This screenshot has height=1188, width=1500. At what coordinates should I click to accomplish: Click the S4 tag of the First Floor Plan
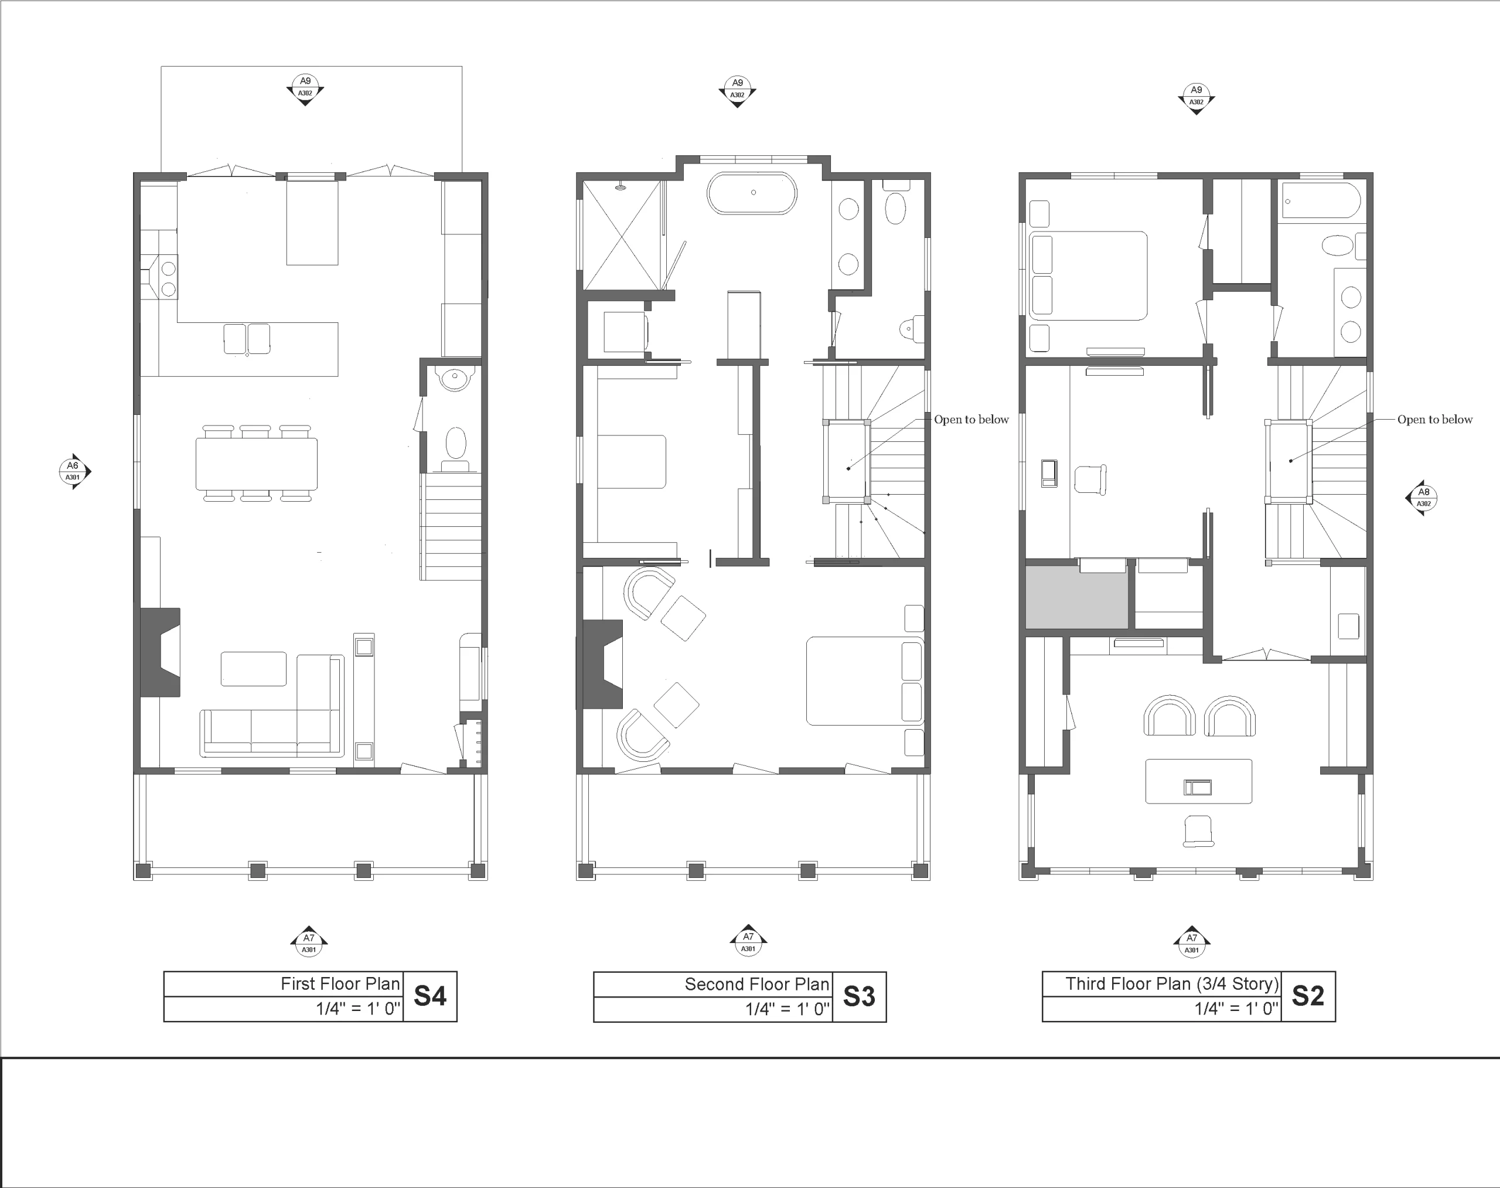[x=429, y=996]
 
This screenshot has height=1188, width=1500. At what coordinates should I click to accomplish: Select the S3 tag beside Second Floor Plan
[x=859, y=997]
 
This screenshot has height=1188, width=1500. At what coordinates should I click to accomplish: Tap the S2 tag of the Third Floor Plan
[x=1307, y=996]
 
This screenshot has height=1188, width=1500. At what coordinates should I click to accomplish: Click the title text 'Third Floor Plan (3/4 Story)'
[x=1172, y=983]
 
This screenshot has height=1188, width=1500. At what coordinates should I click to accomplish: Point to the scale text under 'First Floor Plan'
[x=359, y=1009]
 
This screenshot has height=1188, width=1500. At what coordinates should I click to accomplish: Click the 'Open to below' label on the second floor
[x=971, y=420]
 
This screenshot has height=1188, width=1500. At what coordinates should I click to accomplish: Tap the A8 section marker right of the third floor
[x=1423, y=498]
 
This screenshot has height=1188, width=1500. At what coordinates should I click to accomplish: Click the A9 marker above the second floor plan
[x=737, y=90]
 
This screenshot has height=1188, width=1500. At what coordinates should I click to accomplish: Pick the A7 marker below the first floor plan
[x=309, y=942]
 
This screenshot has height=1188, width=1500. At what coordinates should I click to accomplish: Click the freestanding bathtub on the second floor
[x=752, y=193]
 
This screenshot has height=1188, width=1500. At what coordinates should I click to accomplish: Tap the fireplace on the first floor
[x=161, y=652]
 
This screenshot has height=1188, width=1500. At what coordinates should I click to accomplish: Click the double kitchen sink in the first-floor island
[x=247, y=339]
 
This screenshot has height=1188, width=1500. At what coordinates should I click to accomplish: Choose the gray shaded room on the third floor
[x=1076, y=595]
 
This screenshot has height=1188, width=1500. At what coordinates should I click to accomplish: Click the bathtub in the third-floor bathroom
[x=1321, y=201]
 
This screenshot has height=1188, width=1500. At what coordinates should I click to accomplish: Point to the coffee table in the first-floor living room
[x=254, y=668]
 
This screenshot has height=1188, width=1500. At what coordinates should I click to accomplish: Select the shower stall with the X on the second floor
[x=622, y=235]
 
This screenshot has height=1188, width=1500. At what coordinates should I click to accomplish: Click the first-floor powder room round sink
[x=454, y=379]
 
